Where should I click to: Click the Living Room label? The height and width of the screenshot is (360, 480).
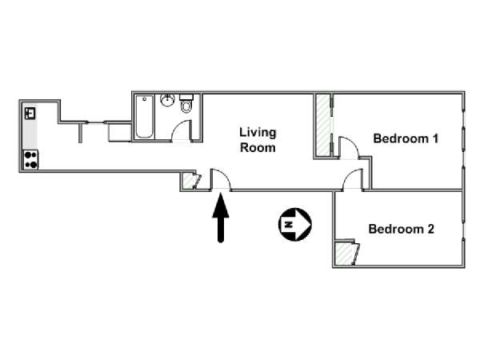click(x=258, y=140)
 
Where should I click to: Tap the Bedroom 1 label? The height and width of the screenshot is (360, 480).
click(x=406, y=138)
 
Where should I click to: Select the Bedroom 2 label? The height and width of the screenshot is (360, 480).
click(x=401, y=229)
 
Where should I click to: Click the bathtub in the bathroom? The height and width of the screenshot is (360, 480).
click(x=144, y=117)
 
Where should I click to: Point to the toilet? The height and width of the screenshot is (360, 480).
click(x=186, y=104)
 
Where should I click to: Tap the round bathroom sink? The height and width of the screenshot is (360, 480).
click(x=167, y=100)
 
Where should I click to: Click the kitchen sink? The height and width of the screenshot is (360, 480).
click(x=30, y=114)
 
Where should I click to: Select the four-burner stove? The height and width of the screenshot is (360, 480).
click(x=30, y=159)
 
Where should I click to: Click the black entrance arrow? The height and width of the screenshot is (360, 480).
click(x=221, y=218)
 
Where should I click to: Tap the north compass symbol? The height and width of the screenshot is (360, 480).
click(x=294, y=224)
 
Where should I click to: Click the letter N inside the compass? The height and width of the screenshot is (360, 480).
click(x=288, y=224)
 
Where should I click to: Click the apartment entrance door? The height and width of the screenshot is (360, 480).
click(x=221, y=179)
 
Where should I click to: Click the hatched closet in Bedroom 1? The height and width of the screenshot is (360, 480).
click(x=322, y=126)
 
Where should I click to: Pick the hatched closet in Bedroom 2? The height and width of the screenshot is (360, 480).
click(x=343, y=253)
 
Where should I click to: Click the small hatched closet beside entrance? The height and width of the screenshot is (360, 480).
click(x=189, y=182)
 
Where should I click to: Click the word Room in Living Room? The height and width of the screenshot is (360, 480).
click(x=258, y=147)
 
